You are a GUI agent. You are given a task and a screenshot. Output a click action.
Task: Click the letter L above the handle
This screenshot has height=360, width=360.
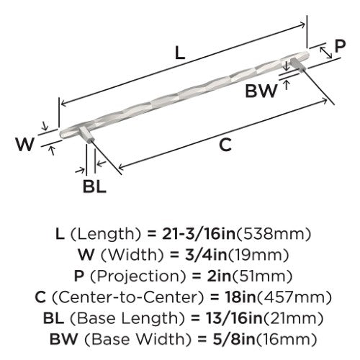point(180,53)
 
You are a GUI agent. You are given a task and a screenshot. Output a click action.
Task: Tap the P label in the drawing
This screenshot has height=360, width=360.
point(340,46)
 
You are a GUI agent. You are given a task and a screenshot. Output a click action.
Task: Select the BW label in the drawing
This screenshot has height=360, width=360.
point(261,91)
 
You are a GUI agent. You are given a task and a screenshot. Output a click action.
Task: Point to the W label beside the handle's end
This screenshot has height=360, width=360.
point(24,144)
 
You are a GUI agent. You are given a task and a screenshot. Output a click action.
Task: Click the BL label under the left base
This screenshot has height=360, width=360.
point(94,186)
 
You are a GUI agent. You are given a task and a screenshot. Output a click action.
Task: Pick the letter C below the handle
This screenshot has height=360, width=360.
point(225,145)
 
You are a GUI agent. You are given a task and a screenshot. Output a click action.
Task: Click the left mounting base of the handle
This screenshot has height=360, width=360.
point(86,135)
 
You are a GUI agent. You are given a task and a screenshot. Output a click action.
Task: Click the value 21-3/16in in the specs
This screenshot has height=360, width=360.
point(199,234)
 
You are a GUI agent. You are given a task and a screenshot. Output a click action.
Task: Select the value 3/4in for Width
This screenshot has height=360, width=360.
point(206,255)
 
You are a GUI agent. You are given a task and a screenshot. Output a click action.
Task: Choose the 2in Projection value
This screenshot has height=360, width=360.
point(219,276)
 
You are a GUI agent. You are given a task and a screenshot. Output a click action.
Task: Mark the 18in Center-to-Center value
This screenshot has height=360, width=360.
point(240,297)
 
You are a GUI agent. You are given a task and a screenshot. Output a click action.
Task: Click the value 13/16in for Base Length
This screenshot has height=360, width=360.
point(234,318)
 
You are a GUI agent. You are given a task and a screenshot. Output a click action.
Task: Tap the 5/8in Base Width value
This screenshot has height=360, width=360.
point(233,339)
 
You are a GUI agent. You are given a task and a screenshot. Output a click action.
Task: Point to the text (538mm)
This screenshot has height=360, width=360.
point(274,234)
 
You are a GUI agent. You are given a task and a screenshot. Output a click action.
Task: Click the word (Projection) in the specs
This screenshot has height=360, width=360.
point(138,276)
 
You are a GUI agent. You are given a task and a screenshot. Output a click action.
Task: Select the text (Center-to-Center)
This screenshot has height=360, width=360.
point(127,297)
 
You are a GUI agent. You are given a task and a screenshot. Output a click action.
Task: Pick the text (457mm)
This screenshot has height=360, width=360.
point(294,297)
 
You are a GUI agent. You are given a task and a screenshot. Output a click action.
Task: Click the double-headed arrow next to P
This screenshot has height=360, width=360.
point(326,53)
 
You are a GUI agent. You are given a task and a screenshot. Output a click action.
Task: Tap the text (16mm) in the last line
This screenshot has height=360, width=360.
point(286,339)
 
